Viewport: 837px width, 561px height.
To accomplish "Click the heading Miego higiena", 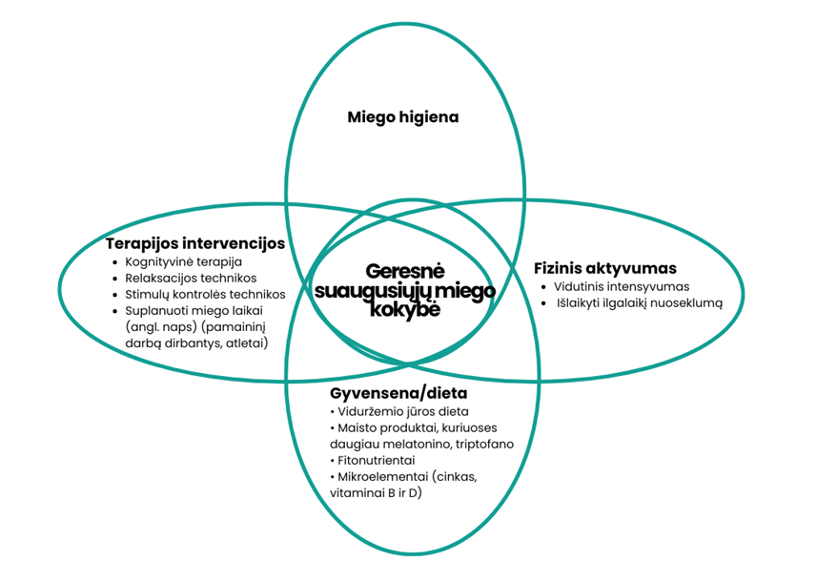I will (x=402, y=117).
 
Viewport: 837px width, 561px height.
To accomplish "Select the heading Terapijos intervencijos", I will (x=194, y=243).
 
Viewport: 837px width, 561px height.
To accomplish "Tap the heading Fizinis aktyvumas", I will (x=605, y=268).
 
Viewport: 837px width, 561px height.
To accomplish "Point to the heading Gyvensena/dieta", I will (x=398, y=393).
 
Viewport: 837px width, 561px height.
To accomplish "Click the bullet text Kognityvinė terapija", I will (x=184, y=261).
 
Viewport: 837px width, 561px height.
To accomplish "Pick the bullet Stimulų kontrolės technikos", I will (x=205, y=294).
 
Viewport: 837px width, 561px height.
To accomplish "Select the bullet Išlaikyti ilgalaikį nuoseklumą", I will (x=640, y=303).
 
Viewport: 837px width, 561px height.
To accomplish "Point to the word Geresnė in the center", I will (x=402, y=272).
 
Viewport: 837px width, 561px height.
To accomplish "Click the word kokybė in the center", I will (x=404, y=309).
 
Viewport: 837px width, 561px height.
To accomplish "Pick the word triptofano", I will (x=480, y=444).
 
